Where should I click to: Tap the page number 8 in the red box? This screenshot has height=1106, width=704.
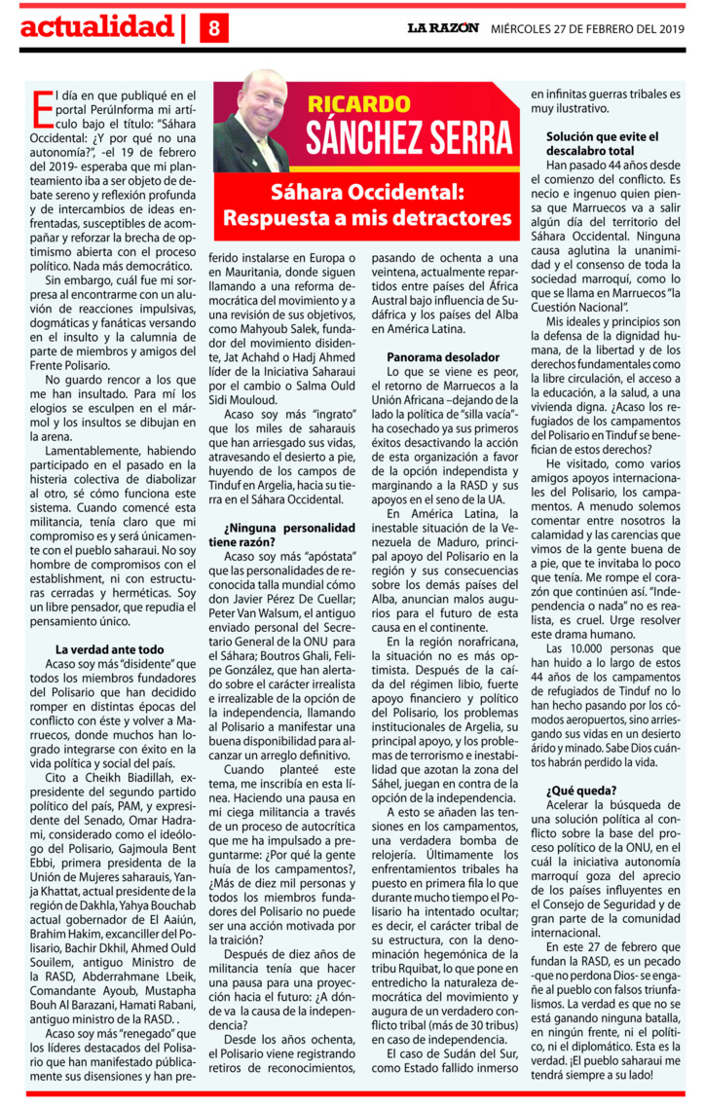[214, 30]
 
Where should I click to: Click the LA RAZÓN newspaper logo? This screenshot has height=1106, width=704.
[443, 28]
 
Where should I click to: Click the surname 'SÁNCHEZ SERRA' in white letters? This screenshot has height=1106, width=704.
[409, 138]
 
